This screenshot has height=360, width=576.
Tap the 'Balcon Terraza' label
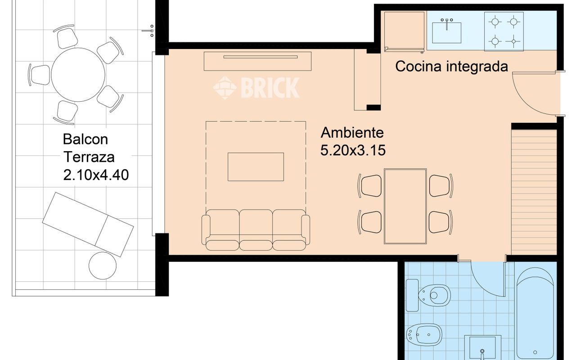coord(88,148)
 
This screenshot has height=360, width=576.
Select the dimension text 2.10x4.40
coord(96,175)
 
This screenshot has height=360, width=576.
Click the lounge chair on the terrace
coord(88,224)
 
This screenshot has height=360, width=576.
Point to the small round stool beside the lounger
coord(103,265)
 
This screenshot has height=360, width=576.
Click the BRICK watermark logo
coord(256,87)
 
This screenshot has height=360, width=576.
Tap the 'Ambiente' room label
coord(352,133)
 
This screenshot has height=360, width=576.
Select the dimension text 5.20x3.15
coord(353,150)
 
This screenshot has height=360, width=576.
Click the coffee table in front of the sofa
coord(256,166)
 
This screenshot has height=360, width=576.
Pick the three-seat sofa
coord(256,229)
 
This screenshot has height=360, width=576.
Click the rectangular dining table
coord(405,206)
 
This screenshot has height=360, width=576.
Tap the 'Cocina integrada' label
coord(451,67)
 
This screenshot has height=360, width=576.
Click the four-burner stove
coord(504,31)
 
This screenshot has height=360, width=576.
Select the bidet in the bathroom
coord(424,333)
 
